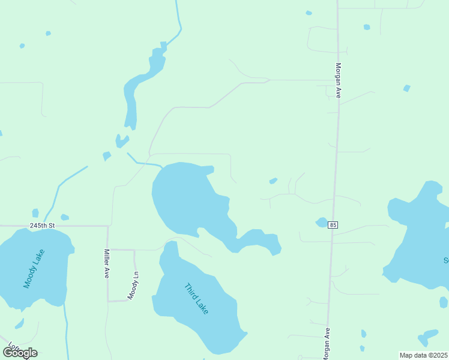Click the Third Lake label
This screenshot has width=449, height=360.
coord(197,298)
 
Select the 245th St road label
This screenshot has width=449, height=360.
coord(42,226)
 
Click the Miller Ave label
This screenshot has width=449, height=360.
coord(106,263)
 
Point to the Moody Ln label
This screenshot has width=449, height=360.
coord(133,286)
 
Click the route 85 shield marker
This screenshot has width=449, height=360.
coord(333,225)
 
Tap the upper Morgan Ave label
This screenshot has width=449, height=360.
coord(339,80)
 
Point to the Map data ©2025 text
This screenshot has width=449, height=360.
coord(423,355)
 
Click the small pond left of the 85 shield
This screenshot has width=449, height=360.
coord(321,222)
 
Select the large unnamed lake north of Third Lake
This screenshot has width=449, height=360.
coord(186,198)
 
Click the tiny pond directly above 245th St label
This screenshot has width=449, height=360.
coord(35,213)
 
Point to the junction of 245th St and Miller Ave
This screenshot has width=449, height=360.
coord(108,226)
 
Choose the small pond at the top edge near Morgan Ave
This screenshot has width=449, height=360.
coord(309,13)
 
